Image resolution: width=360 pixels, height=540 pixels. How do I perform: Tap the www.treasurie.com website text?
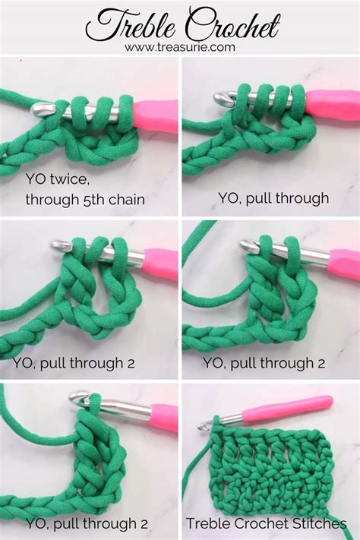180,47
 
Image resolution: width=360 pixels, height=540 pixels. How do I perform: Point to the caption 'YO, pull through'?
273,198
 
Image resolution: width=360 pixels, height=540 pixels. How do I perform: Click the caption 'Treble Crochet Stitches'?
270,523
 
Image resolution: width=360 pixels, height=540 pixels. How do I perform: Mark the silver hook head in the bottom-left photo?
79,397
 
